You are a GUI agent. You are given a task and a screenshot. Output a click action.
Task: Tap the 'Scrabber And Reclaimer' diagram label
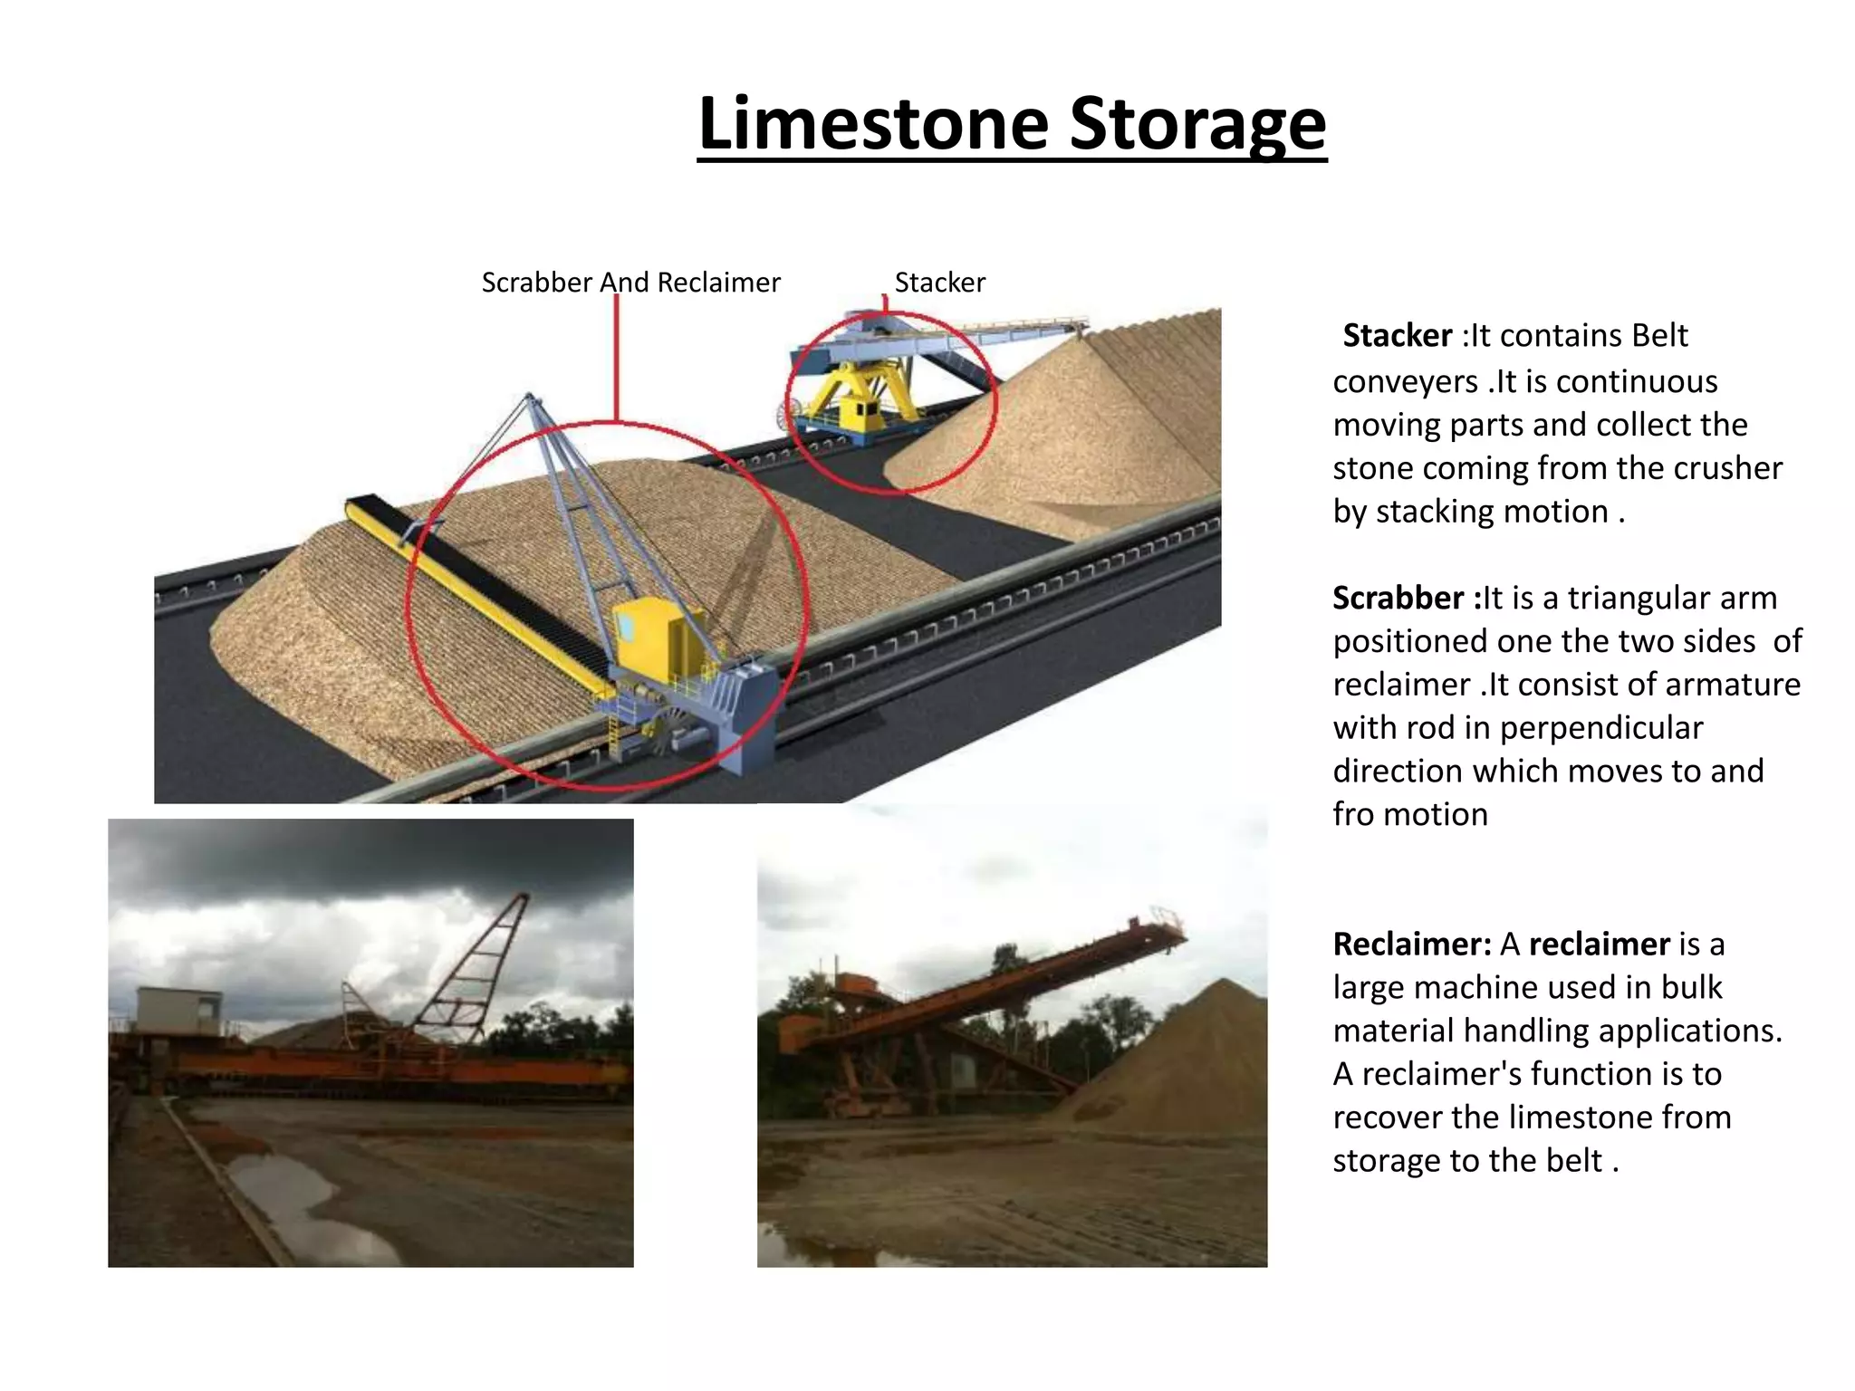[x=630, y=283]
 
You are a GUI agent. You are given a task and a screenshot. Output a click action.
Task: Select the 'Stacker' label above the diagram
[x=939, y=283]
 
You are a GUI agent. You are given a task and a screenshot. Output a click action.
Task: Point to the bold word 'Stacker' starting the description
[x=1398, y=336]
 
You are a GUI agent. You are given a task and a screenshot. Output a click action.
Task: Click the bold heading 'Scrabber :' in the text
[x=1407, y=599]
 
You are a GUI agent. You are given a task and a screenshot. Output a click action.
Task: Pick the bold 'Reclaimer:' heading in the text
[x=1412, y=945]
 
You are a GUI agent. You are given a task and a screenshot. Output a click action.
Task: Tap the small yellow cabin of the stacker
[x=860, y=412]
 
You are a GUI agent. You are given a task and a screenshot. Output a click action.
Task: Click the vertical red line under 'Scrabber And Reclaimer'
[x=616, y=358]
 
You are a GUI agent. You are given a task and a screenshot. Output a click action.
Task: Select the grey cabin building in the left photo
[x=179, y=1010]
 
